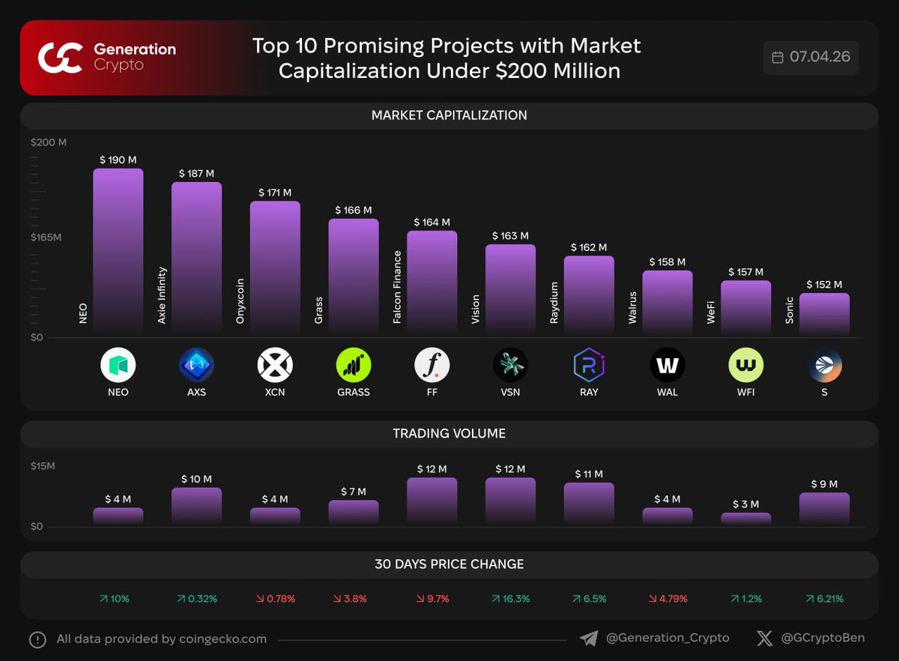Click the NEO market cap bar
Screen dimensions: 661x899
tap(118, 251)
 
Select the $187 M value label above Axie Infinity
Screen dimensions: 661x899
tap(196, 174)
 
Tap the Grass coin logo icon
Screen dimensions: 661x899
tap(354, 365)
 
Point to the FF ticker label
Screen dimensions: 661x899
tap(432, 392)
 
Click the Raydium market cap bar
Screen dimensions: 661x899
tap(589, 295)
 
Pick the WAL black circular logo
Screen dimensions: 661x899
tap(668, 365)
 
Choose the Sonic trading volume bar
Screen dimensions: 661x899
tap(824, 507)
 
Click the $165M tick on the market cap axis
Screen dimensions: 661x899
tap(46, 238)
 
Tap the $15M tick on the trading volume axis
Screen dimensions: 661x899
tap(43, 466)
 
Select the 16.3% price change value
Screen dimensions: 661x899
tap(511, 599)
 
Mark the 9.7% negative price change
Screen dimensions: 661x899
tap(432, 599)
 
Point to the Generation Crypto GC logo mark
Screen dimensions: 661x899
tap(60, 58)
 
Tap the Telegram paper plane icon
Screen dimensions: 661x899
tap(589, 639)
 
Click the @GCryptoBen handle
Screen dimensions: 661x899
tap(822, 639)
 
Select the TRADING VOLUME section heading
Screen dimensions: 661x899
tap(449, 434)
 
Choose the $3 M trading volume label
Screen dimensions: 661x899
tap(745, 504)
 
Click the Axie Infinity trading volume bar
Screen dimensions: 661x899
tap(196, 505)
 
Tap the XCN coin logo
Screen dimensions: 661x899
tap(275, 365)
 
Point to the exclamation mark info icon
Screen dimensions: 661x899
tap(37, 639)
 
